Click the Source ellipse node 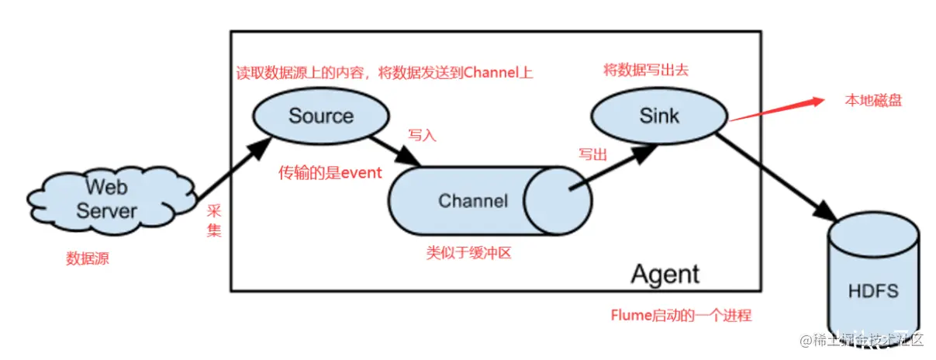tap(320, 116)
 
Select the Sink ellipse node tap(659, 116)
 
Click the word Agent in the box tap(665, 274)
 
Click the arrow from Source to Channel tap(395, 151)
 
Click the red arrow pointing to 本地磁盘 tap(775, 109)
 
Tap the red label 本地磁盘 tap(873, 101)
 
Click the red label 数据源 tap(88, 259)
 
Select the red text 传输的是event tap(330, 173)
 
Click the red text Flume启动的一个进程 tap(681, 316)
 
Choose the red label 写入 tap(423, 135)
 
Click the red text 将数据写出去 tap(646, 71)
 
